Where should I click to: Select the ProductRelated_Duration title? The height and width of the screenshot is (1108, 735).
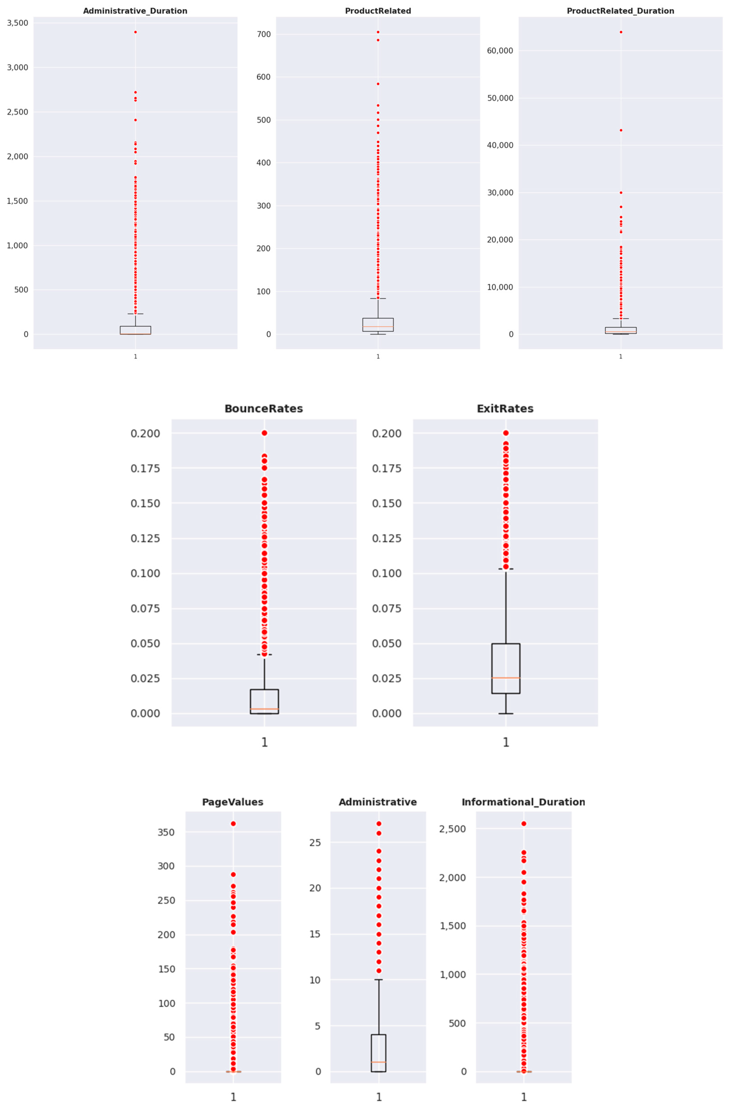coord(620,11)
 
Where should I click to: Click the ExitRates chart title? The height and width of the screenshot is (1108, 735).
coord(505,408)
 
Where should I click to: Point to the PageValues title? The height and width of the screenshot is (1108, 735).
coord(232,802)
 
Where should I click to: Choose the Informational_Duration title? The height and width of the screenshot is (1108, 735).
coord(523,802)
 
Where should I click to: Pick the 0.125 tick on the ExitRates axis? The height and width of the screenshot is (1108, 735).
coord(387,538)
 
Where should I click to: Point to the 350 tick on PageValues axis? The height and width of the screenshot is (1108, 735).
coord(166,832)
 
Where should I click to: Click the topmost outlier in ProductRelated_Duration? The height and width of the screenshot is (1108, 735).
coord(621,32)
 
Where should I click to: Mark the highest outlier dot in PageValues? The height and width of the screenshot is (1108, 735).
coord(233,824)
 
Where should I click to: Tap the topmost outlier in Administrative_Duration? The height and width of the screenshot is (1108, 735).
coord(136,32)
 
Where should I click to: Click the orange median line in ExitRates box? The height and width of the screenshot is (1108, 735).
coord(506,677)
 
